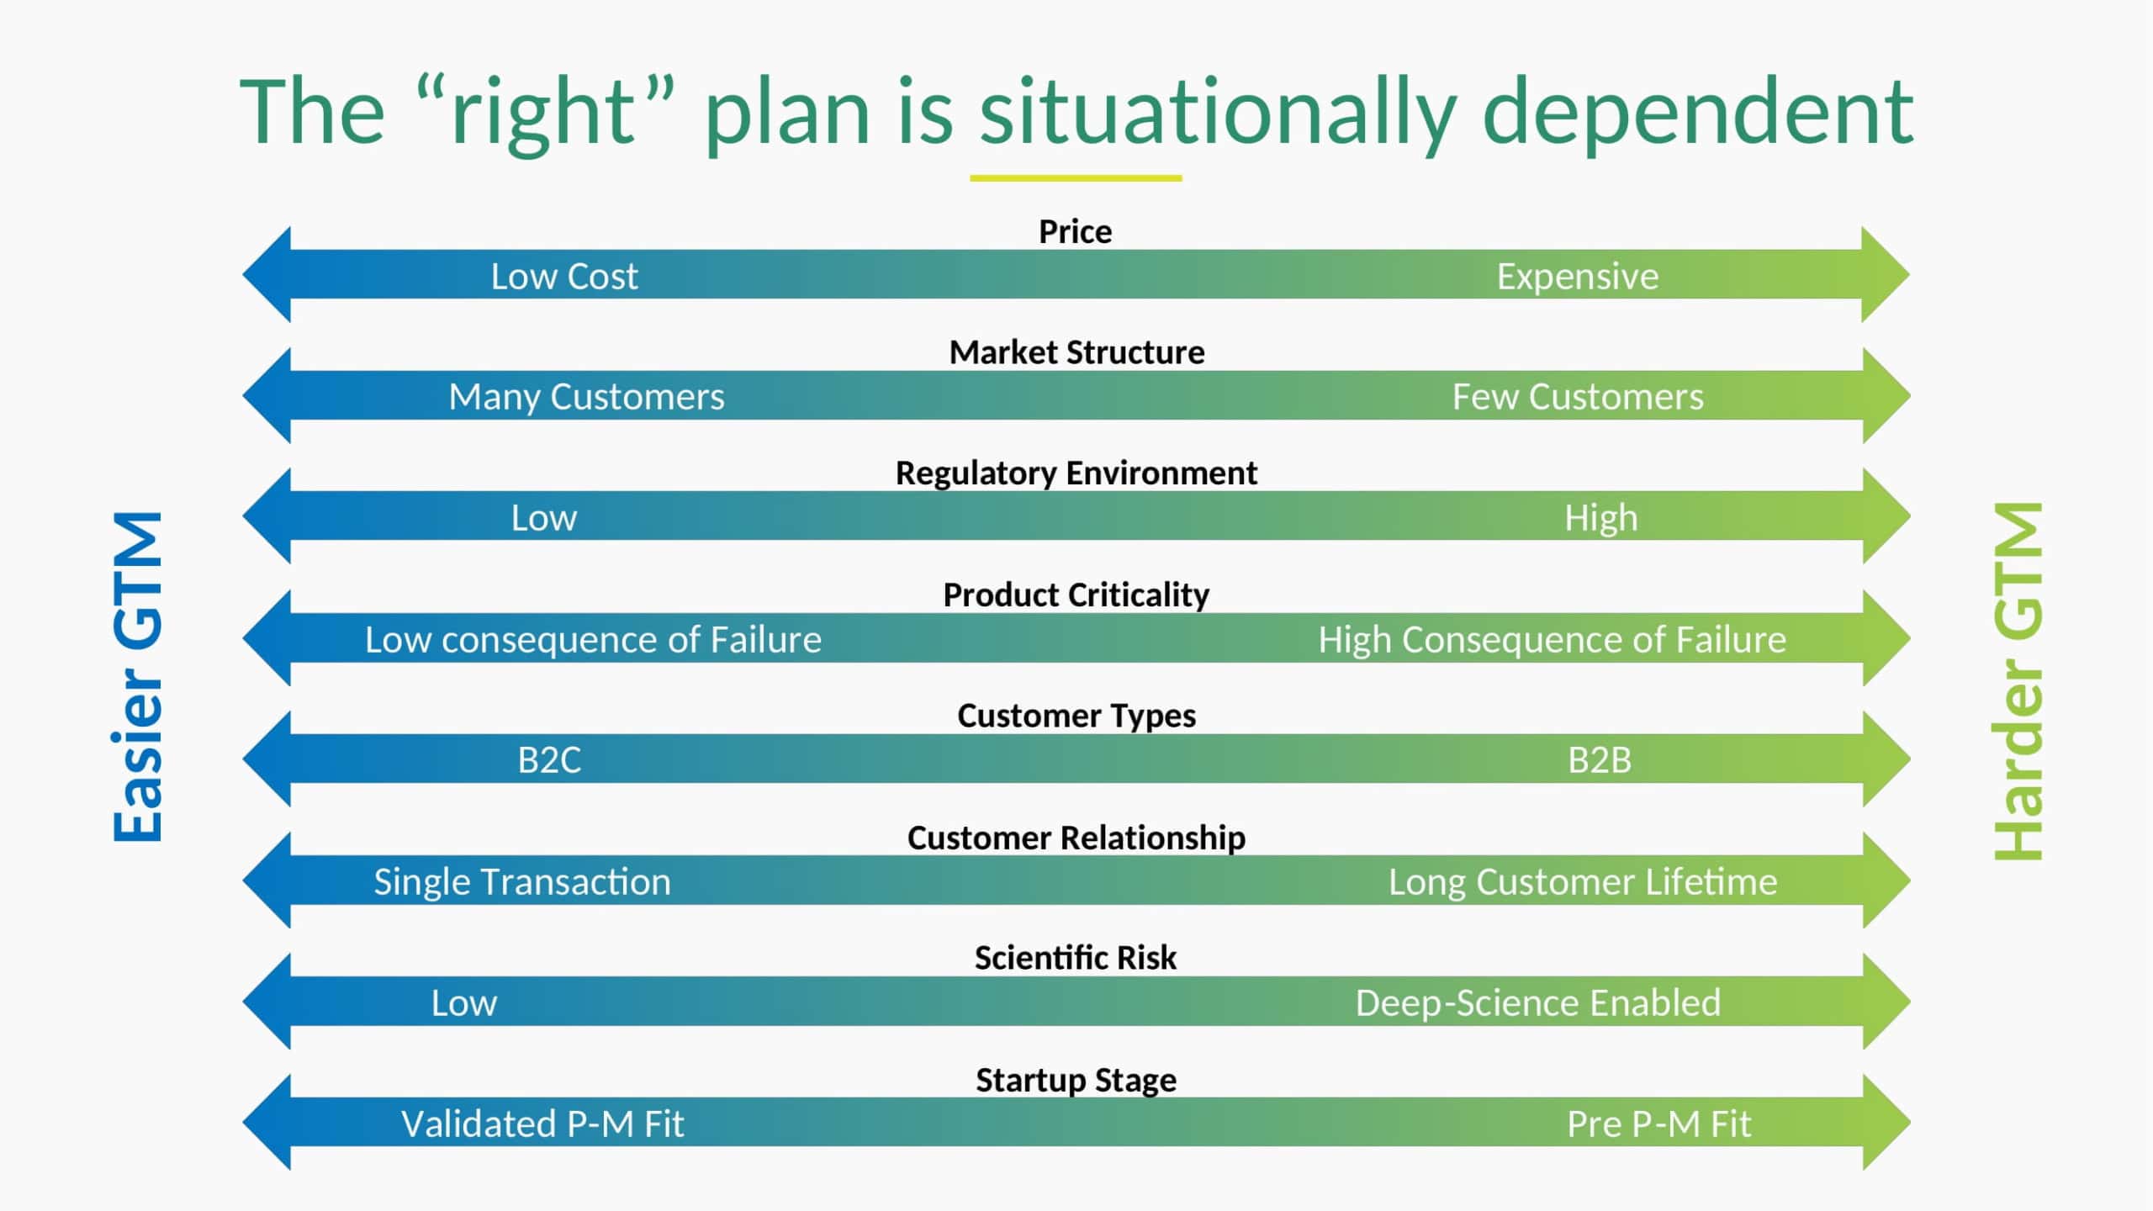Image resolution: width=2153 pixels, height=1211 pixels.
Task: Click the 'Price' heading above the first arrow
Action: (1075, 231)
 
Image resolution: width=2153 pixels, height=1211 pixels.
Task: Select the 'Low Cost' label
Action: (564, 277)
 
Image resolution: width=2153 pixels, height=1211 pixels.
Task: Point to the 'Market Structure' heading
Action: (1076, 352)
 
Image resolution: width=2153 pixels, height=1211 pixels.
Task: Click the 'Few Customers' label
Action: (1578, 397)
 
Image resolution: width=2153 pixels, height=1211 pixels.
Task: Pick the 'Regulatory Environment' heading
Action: (1076, 473)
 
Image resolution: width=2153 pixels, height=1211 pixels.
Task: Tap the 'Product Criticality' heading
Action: (1076, 595)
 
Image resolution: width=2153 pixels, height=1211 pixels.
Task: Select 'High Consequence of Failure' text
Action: (1552, 640)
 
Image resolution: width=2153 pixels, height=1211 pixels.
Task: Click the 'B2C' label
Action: (549, 760)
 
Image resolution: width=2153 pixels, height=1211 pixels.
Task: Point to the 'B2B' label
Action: (1600, 760)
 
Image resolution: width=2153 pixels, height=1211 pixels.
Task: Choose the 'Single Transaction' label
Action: (522, 882)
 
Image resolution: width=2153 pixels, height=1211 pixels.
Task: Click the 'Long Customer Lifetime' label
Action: (1583, 882)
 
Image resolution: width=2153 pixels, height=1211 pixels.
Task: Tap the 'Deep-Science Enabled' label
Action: (1538, 1003)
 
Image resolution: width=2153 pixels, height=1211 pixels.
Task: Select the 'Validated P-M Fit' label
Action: (542, 1124)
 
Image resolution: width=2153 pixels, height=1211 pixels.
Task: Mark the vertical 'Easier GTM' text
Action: (137, 677)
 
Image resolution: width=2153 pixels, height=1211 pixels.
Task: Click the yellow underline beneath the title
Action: (1076, 178)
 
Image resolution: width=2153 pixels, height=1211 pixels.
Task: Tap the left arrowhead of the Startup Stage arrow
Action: (267, 1122)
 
